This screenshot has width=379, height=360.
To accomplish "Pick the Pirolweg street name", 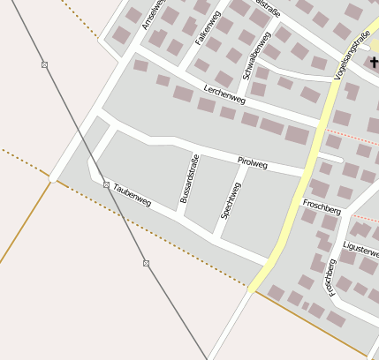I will click(x=253, y=161).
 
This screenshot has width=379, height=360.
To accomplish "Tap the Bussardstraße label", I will click(x=189, y=179).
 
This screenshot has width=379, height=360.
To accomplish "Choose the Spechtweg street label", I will click(x=231, y=200).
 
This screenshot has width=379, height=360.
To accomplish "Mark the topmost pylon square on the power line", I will click(x=45, y=65).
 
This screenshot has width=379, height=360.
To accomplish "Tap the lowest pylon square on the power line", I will click(x=146, y=263).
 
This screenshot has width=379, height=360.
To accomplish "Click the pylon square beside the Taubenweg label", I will click(x=106, y=184).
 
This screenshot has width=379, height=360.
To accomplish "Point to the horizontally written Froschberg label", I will click(x=322, y=206).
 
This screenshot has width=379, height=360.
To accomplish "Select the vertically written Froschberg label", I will click(x=330, y=276).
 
